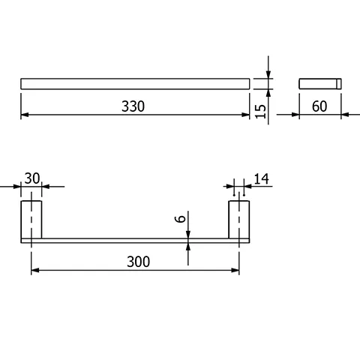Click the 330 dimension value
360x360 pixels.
133,106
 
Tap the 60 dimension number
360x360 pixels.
319,106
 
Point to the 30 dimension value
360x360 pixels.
31,178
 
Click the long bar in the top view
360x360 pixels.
135,83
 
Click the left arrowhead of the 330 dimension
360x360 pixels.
25,115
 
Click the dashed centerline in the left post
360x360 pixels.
31,221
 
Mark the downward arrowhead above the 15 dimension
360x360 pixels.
268,75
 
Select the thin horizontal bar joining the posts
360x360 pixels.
135,240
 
